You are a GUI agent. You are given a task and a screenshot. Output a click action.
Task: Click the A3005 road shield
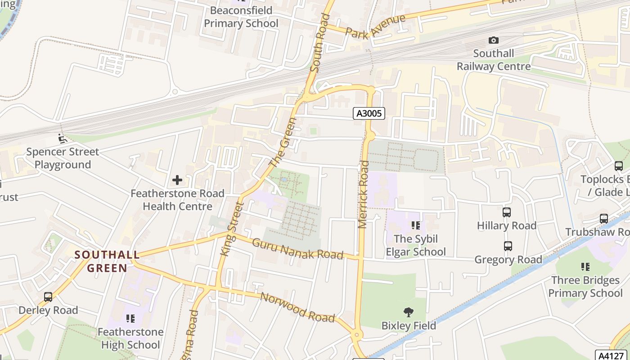[x=369, y=113]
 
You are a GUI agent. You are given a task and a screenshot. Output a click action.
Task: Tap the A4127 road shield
[x=612, y=355]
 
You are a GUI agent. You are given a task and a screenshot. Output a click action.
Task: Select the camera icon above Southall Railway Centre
[x=494, y=40]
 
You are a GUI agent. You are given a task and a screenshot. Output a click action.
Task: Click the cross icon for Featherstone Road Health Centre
[x=177, y=180]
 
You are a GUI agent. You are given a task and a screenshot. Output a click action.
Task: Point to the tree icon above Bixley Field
[x=409, y=312]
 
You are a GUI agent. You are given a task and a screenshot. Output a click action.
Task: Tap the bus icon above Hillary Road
[x=507, y=212]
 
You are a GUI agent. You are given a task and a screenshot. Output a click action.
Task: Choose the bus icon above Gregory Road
[x=508, y=246]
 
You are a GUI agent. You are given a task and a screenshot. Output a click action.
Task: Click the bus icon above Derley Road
[x=48, y=297]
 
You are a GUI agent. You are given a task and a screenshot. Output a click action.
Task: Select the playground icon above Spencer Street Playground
[x=63, y=139]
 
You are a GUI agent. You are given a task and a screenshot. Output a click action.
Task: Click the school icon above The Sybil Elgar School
[x=415, y=225]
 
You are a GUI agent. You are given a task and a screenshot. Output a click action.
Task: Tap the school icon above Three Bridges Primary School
[x=585, y=267]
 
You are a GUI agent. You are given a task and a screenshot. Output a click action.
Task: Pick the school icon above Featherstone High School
[x=130, y=319]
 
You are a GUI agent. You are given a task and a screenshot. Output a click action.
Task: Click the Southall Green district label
[x=107, y=261]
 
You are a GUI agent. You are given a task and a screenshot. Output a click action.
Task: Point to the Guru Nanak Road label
[x=297, y=249]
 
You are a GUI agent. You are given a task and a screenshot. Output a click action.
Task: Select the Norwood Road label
[x=297, y=308]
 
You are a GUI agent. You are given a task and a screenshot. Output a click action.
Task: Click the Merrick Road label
[x=364, y=194]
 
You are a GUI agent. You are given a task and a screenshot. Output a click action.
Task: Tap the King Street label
[x=231, y=229]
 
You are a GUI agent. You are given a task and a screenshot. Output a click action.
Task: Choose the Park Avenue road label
[x=375, y=26]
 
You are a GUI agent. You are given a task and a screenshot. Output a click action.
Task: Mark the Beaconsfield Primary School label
[x=241, y=17]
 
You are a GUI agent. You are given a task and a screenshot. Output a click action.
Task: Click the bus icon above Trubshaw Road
[x=604, y=219]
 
